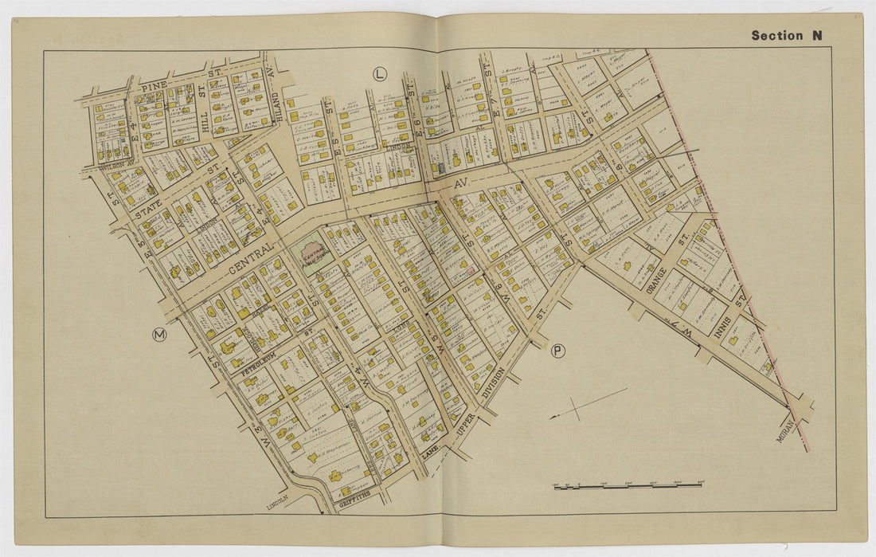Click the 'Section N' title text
pos(787,35)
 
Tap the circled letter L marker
pos(379,74)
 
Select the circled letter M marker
pos(159,335)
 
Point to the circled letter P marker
pos(558,350)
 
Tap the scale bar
pos(628,484)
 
